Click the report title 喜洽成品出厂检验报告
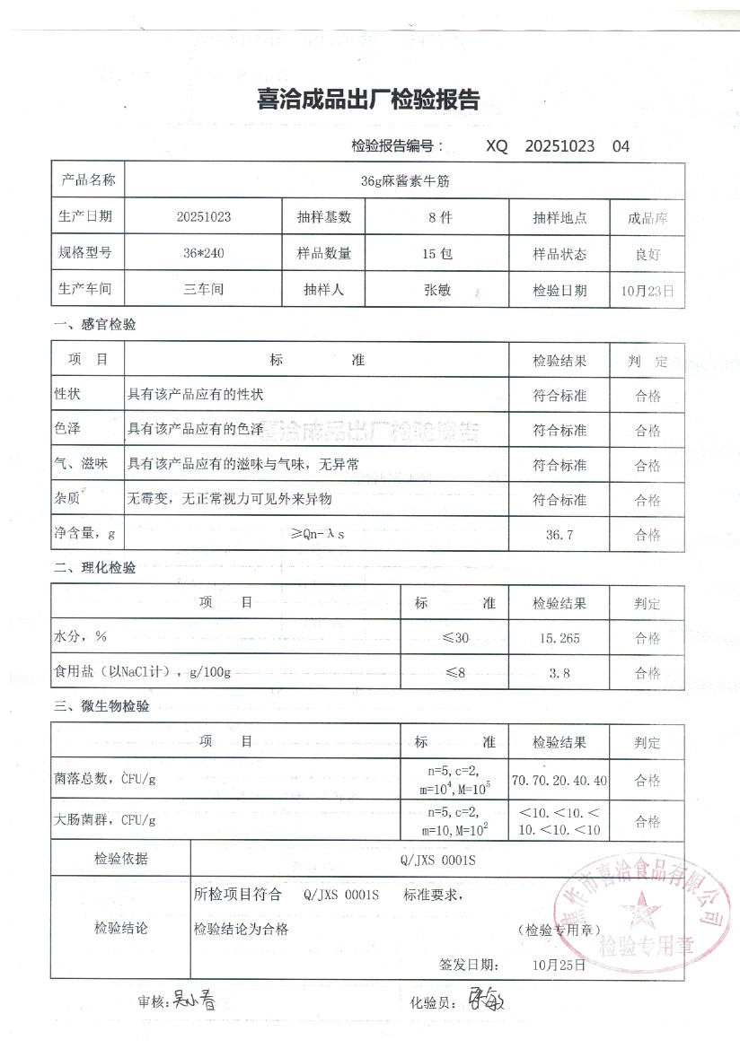(368, 100)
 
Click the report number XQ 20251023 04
(558, 146)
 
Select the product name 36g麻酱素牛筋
(404, 180)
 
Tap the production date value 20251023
(204, 217)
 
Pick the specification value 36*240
(203, 254)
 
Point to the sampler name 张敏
(437, 290)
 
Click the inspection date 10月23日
(647, 290)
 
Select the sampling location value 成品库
(647, 218)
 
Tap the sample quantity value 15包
(437, 254)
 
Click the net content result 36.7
(559, 535)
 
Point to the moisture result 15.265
(559, 638)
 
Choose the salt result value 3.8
(559, 672)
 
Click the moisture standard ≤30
(455, 638)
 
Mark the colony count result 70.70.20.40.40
(559, 781)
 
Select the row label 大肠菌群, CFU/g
(106, 819)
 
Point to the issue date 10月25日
(559, 966)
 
